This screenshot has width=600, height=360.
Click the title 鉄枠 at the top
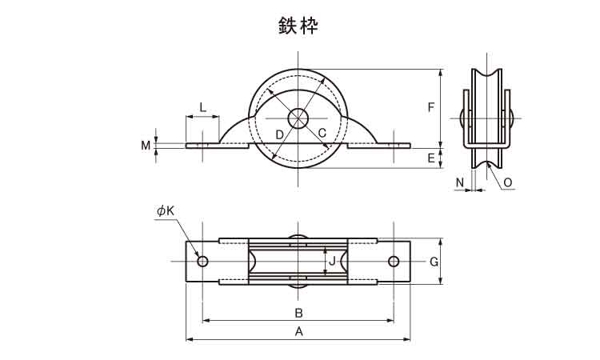point(298,26)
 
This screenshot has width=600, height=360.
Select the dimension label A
point(298,330)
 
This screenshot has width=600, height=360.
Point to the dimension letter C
point(322,133)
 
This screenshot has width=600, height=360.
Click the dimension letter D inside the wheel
point(279,134)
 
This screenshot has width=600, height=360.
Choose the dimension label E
point(431,158)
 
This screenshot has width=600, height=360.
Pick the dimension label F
point(431,107)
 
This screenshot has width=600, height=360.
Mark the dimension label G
point(433,262)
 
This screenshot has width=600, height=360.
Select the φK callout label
point(166,210)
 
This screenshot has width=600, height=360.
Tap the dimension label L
point(202,106)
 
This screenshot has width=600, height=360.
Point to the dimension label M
point(146,146)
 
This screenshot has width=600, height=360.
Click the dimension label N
point(460,182)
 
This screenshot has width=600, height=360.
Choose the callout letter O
point(507,182)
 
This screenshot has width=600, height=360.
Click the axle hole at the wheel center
point(298,118)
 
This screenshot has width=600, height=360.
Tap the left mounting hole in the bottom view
point(202,262)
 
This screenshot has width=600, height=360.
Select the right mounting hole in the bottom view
point(394,262)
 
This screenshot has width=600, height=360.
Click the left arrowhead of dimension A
point(190,339)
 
